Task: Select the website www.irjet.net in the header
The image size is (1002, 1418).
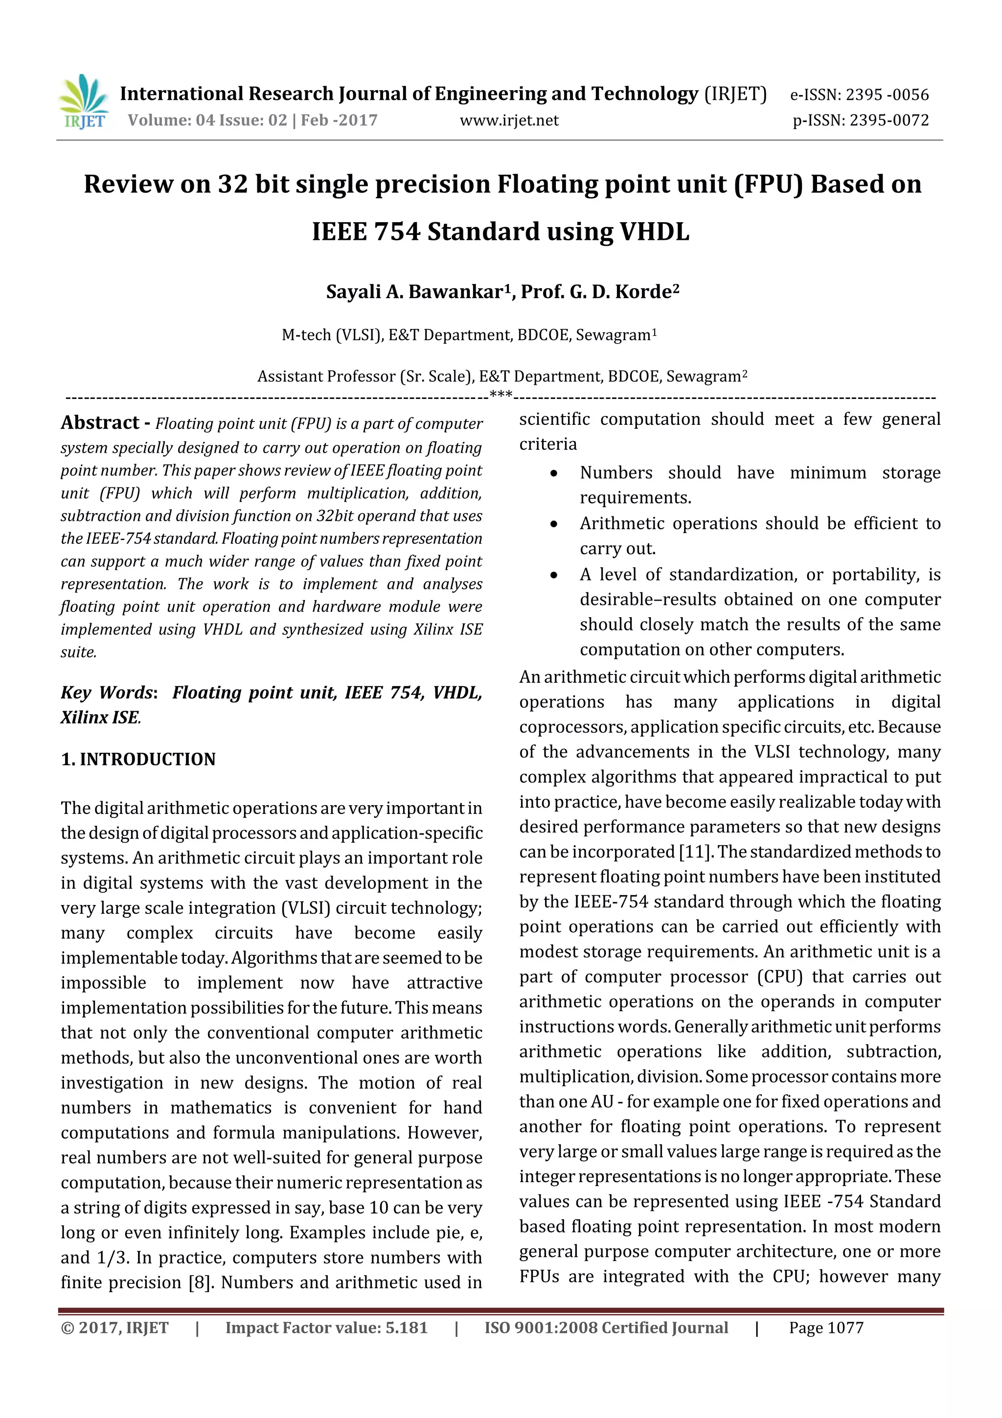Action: click(509, 120)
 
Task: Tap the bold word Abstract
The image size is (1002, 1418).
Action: click(100, 423)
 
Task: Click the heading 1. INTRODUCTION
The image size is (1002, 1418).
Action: click(138, 759)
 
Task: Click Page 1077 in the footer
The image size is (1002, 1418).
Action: click(825, 1328)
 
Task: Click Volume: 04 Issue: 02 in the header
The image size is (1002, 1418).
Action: click(207, 120)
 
